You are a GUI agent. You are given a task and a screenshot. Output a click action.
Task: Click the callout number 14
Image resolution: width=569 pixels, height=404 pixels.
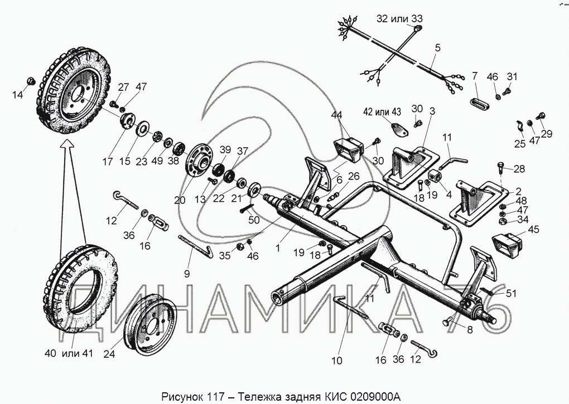[17, 95]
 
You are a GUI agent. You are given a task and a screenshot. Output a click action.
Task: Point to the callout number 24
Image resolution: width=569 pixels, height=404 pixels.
[109, 354]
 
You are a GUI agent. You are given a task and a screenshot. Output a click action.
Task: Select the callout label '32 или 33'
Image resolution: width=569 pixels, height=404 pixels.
[399, 18]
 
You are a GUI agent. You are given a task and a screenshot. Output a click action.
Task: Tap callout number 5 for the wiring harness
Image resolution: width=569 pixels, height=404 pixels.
[438, 48]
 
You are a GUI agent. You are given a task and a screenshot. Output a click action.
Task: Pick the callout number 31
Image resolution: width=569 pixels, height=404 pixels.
[512, 76]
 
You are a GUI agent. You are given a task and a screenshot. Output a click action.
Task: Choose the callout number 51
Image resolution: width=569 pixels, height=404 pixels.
[511, 294]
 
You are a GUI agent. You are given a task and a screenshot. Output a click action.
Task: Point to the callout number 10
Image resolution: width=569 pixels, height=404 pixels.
[337, 361]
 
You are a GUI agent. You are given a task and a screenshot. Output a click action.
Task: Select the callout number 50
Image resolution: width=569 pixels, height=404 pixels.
[254, 220]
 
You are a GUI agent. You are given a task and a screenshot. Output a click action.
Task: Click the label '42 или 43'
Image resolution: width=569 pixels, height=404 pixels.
[382, 112]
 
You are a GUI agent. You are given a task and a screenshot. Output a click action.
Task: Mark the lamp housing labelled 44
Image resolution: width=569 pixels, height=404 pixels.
[349, 149]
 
